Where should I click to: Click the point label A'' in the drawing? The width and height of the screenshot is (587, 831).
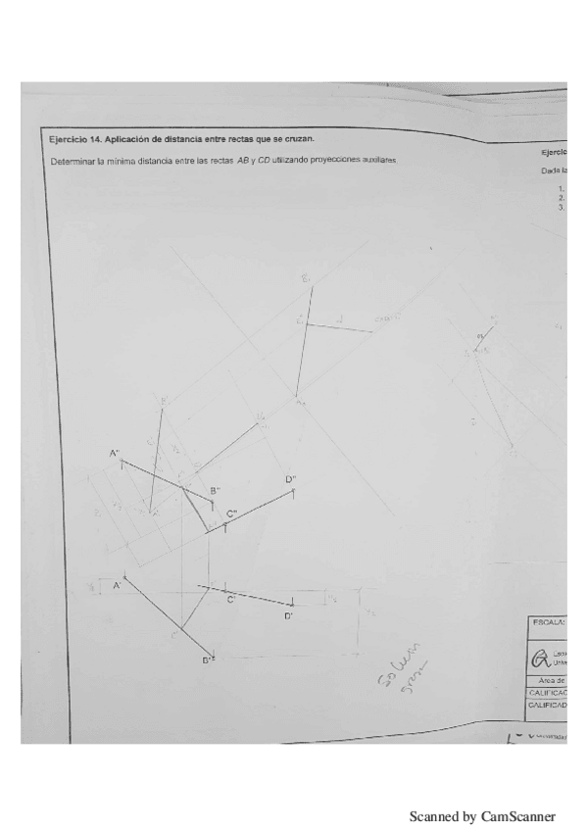tap(114, 453)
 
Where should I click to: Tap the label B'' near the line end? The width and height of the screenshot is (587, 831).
tap(215, 490)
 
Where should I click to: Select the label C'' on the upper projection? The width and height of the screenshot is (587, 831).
tap(232, 513)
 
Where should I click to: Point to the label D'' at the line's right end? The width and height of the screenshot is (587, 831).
tap(291, 479)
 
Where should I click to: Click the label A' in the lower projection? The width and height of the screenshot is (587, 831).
tap(116, 585)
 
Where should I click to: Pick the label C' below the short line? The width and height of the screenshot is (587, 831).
tap(231, 599)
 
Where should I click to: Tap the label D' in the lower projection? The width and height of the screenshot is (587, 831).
tap(289, 616)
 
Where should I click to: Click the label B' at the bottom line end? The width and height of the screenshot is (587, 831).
tap(208, 660)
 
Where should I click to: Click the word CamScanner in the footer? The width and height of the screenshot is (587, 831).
tap(518, 815)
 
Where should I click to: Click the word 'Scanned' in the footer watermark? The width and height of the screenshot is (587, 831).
tap(433, 815)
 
